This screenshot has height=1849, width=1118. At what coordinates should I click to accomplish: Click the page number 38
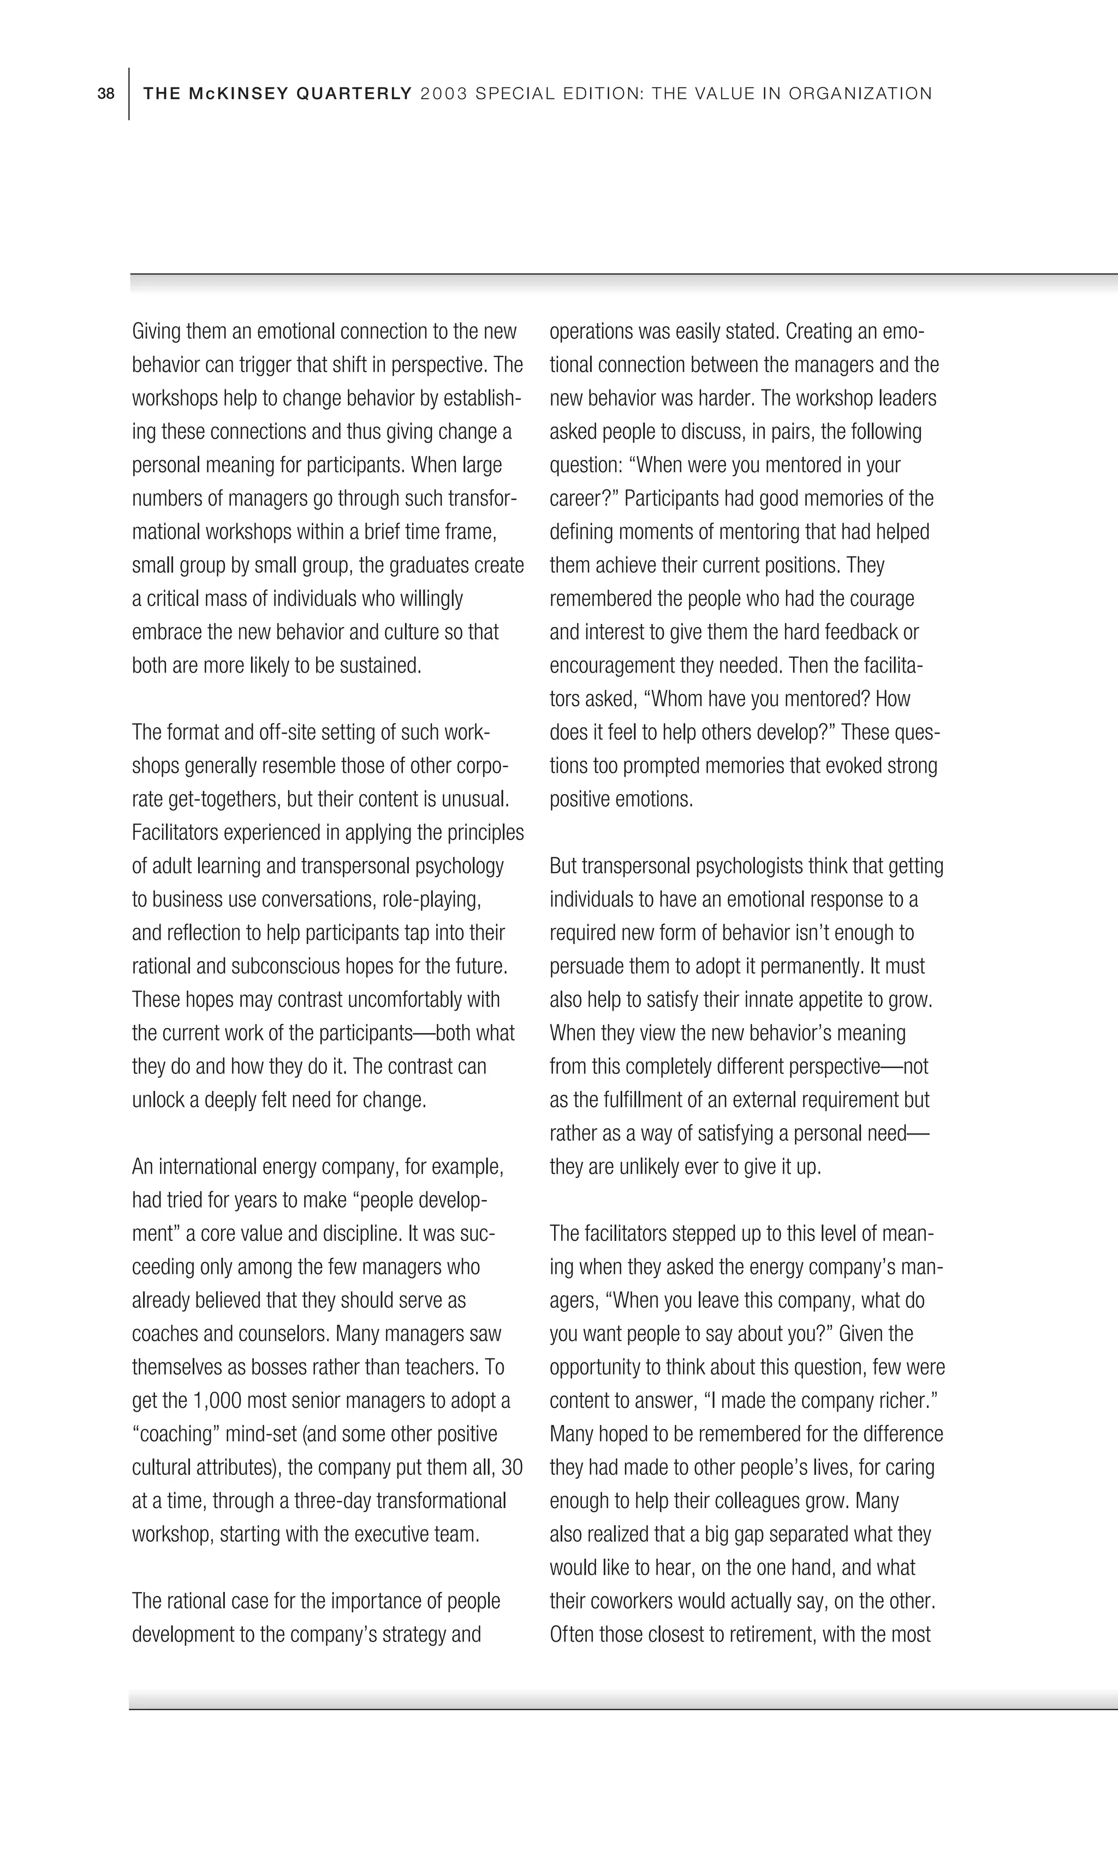pyautogui.click(x=106, y=94)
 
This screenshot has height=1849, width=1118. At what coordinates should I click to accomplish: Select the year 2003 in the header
pyautogui.click(x=444, y=94)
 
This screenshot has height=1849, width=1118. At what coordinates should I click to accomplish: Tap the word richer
pyautogui.click(x=912, y=1400)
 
